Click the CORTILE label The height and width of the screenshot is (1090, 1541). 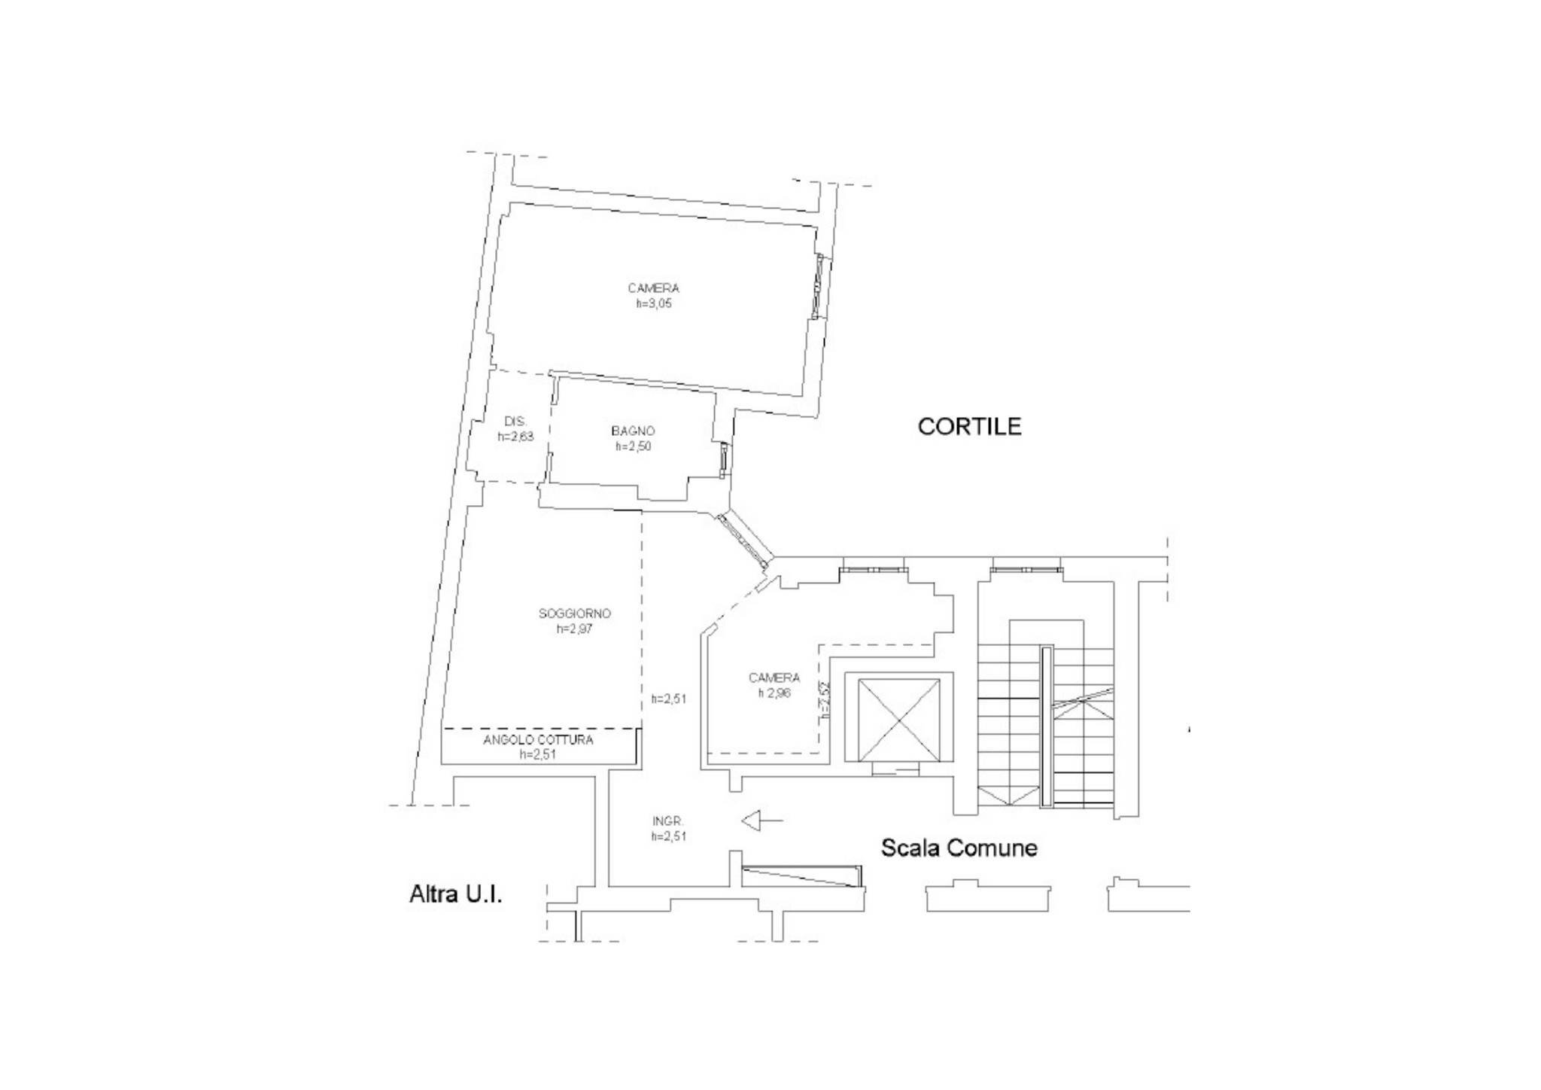tap(969, 427)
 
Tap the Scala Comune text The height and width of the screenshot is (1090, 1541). tap(959, 848)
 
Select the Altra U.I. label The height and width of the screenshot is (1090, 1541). tap(455, 894)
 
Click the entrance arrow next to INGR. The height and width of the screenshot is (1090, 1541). tap(761, 820)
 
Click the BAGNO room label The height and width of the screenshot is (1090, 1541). tap(633, 431)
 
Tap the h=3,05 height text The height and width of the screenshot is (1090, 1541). tap(653, 304)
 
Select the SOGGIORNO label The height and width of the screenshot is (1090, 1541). tap(574, 614)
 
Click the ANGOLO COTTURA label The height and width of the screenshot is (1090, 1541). tap(538, 740)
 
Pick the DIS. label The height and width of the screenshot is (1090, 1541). tap(515, 422)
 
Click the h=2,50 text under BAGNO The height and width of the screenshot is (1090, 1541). tap(633, 446)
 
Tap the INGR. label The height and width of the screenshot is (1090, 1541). tap(667, 821)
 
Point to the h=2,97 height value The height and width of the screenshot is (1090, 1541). tap(574, 629)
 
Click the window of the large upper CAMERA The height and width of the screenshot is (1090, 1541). tap(819, 286)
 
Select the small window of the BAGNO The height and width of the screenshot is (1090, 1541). tap(723, 460)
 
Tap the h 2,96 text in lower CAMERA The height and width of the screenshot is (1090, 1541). tap(774, 693)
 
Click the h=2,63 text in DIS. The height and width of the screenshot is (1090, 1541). tap(515, 437)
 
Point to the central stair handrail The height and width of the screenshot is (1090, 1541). tap(1045, 726)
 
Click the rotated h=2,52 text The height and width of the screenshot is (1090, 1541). tap(825, 700)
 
